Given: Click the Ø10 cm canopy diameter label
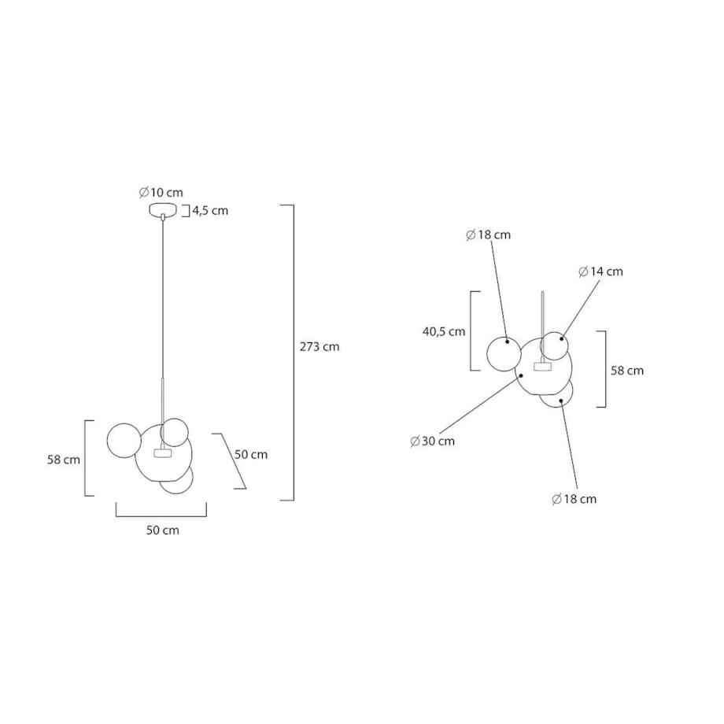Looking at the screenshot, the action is [161, 192].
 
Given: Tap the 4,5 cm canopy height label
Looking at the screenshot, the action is [210, 211].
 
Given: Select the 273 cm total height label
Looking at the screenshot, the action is [320, 346].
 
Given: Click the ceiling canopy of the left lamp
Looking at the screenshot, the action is [163, 209].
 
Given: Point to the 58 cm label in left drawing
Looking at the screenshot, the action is [64, 460].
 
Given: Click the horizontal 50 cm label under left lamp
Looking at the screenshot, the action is [163, 530].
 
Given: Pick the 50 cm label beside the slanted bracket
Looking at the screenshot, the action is [251, 454].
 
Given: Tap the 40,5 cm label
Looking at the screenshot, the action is [444, 331].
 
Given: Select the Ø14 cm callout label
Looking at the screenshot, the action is [600, 271].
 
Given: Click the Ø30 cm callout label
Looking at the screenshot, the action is [432, 441].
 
